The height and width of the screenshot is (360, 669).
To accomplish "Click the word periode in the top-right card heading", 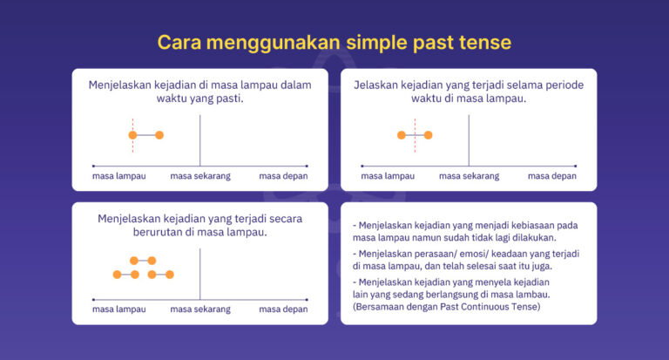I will point(560,85).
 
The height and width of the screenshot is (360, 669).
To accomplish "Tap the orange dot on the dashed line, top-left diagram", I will point(132,135).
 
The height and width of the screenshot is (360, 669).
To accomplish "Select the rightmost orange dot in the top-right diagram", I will point(428,135).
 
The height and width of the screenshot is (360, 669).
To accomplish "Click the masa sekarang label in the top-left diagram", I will point(199,176).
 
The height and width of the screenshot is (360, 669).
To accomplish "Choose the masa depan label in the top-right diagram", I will point(552,176).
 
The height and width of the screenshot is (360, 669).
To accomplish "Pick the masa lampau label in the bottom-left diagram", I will point(118,309).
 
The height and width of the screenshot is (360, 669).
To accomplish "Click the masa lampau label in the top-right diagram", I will point(388,176).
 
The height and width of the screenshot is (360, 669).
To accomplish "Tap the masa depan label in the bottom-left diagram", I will point(283,309).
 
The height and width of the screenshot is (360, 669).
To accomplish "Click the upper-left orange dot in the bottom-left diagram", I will point(133,260).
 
